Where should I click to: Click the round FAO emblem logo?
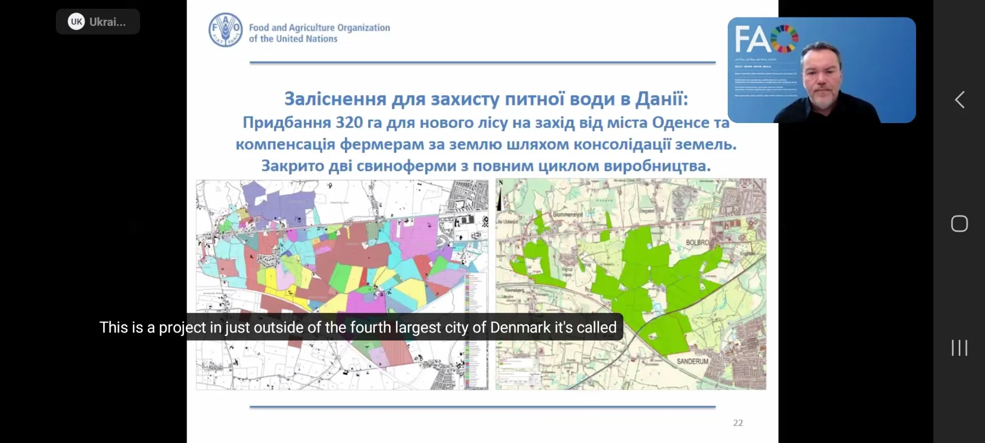pyautogui.click(x=225, y=30)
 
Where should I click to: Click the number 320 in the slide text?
pyautogui.click(x=349, y=123)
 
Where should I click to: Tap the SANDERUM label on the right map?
pyautogui.click(x=692, y=362)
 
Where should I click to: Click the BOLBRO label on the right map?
pyautogui.click(x=697, y=242)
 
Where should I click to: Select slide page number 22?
pyautogui.click(x=738, y=423)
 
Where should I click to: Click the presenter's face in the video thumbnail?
pyautogui.click(x=820, y=73)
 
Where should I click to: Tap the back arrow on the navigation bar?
pyautogui.click(x=959, y=100)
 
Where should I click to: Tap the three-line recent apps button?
pyautogui.click(x=959, y=348)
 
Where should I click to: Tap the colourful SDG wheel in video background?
pyautogui.click(x=784, y=38)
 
